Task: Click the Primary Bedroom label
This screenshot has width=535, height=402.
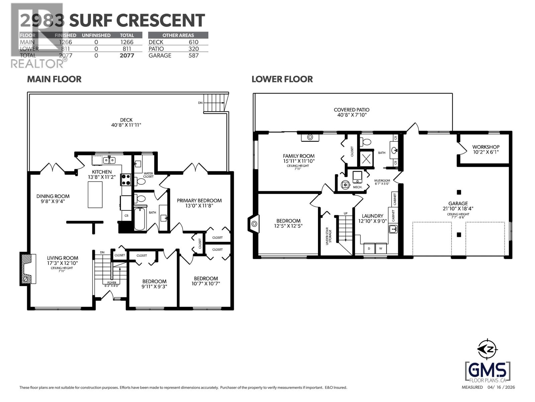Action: pos(199,201)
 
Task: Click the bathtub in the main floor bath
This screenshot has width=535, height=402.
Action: pos(140,218)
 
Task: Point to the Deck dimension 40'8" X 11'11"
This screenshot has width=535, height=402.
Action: pos(126,125)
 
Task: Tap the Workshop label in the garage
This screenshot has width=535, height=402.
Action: pos(486,147)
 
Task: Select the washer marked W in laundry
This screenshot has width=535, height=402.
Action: pos(381,249)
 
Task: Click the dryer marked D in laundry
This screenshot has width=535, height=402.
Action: pos(369,249)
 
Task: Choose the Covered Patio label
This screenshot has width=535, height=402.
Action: pos(351,110)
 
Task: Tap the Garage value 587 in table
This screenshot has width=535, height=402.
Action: pos(193,56)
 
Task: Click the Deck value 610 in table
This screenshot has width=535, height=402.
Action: pos(193,42)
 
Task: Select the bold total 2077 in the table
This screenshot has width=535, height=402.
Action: pos(127,56)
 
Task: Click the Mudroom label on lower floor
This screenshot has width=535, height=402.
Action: pos(382,180)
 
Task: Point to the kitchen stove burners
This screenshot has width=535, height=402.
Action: pos(126,179)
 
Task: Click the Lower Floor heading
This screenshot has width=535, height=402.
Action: pos(282,79)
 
